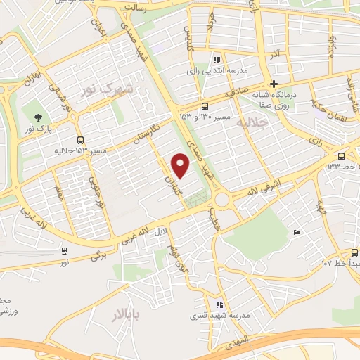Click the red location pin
pyautogui.click(x=181, y=165)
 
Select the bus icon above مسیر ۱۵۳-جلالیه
pyautogui.click(x=81, y=139)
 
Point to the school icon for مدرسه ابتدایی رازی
pyautogui.click(x=217, y=60)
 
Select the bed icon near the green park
pyautogui.click(x=297, y=232)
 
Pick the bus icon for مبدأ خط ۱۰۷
pyautogui.click(x=354, y=252)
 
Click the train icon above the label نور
pyautogui.click(x=65, y=250)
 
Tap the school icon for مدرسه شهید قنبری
pyautogui.click(x=219, y=304)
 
